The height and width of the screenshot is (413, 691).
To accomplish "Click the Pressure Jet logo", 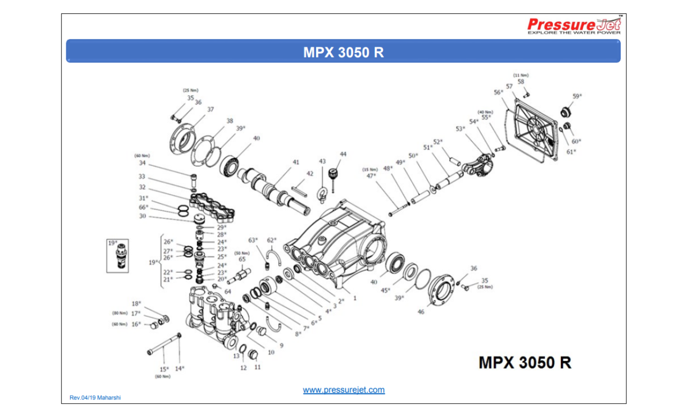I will (x=575, y=25).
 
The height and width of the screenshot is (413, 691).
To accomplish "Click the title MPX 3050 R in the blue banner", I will (x=343, y=52).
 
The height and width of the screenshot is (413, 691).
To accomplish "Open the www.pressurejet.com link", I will (x=344, y=390).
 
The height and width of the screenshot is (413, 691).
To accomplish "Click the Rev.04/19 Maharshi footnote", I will (x=95, y=397).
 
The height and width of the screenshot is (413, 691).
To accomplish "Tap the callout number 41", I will (x=296, y=163).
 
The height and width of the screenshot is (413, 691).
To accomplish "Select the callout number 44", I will (x=343, y=155).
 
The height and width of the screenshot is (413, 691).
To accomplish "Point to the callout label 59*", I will (x=577, y=96).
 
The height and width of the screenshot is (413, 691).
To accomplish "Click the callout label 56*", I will (x=498, y=92).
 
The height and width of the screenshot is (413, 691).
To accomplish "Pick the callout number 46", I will (x=421, y=311).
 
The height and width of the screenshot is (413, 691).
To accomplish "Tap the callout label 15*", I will (x=164, y=369).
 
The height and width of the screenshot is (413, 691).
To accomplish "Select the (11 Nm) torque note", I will (x=521, y=76).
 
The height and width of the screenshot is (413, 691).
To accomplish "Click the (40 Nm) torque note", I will (x=485, y=112).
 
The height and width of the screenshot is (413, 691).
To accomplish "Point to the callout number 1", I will (x=355, y=298).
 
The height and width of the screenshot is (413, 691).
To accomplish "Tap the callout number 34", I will (x=142, y=163).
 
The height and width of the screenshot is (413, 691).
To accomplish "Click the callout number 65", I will (x=242, y=260).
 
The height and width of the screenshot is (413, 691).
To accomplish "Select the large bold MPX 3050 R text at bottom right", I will (x=525, y=362).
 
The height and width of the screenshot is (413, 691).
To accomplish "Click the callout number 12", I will (x=244, y=367).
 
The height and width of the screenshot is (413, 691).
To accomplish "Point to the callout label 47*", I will (x=371, y=177).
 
